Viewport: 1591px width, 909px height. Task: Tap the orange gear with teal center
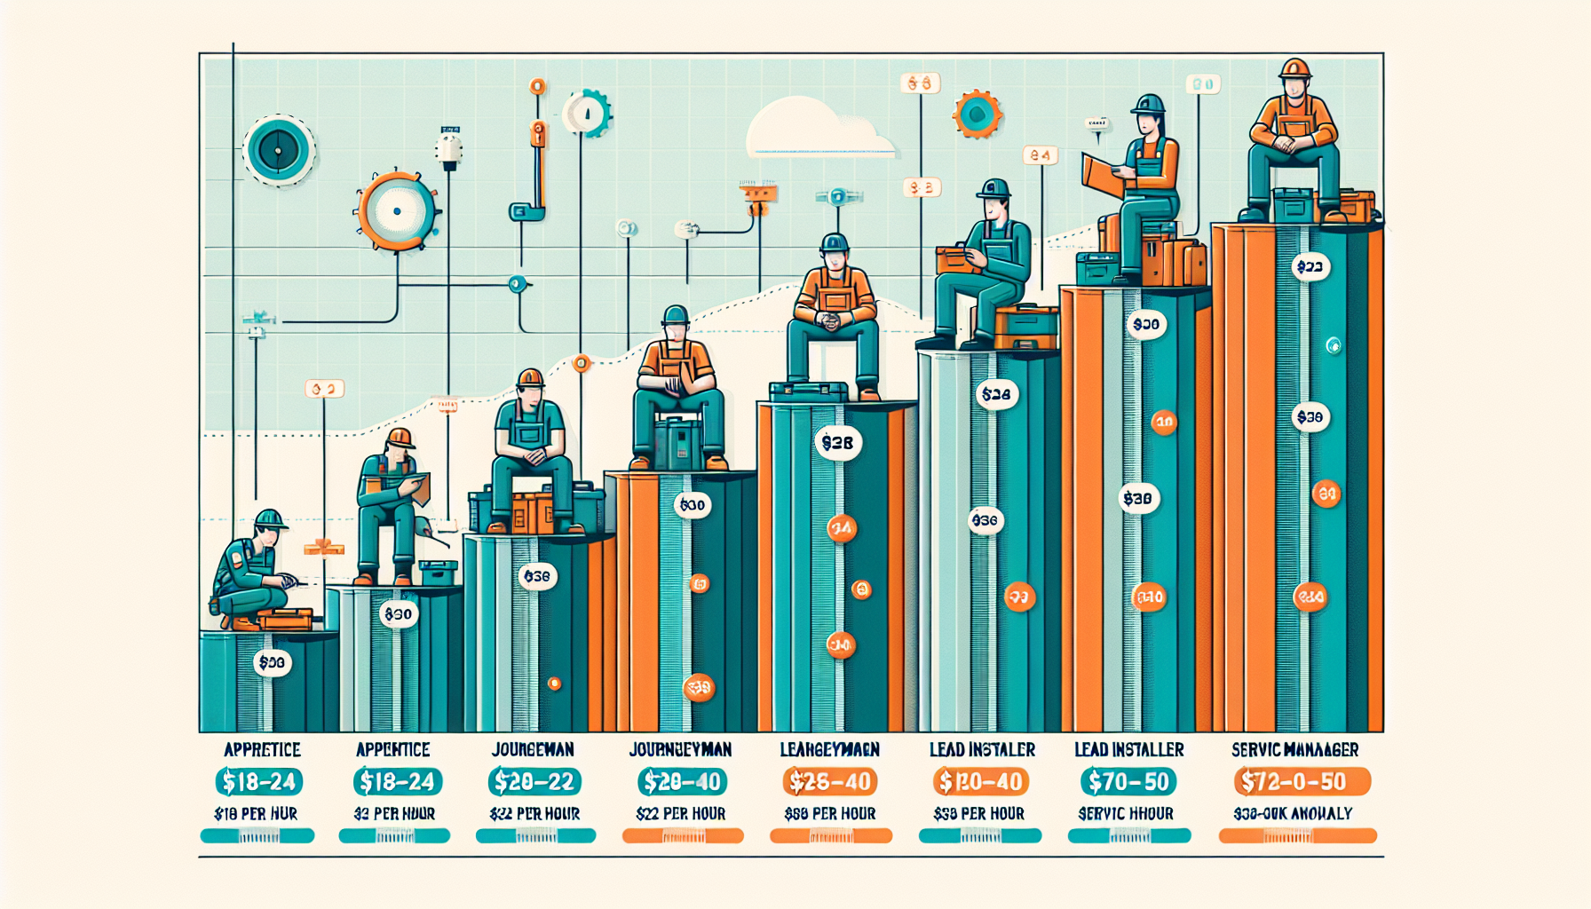[x=978, y=114]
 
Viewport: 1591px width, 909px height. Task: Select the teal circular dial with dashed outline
[x=278, y=151]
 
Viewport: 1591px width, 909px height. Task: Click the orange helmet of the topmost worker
[x=1295, y=68]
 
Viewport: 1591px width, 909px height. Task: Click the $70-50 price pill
[x=1128, y=782]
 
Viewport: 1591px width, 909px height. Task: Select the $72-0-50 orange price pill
[x=1302, y=782]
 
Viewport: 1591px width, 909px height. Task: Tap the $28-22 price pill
[x=534, y=782]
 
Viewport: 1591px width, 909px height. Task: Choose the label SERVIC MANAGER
[x=1294, y=750]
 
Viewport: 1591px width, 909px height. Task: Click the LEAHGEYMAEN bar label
[x=829, y=750]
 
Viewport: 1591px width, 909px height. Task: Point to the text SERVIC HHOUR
[x=1126, y=813]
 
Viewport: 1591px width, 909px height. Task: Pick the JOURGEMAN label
[x=533, y=750]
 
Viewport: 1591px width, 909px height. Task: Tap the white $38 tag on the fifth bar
[x=837, y=442]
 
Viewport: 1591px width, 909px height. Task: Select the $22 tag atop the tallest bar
[x=1310, y=266]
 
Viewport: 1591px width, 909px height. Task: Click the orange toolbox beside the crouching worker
[x=286, y=619]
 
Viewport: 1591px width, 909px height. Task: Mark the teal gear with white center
[x=587, y=113]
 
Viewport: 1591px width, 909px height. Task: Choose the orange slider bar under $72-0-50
[x=1297, y=835]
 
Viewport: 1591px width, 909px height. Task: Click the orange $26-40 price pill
[x=830, y=782]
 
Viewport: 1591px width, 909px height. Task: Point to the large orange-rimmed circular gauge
[x=396, y=211]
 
